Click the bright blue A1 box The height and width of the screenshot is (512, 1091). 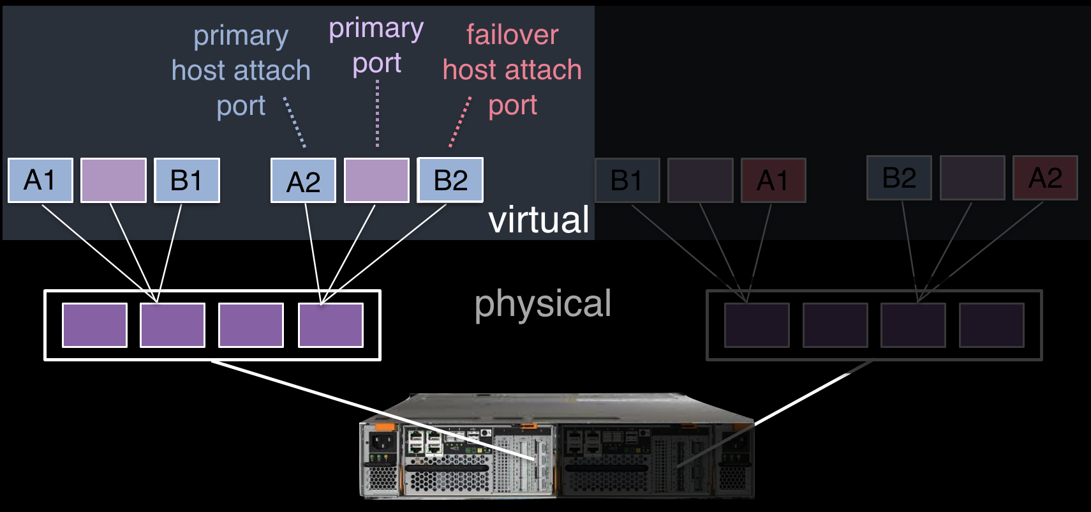coord(40,181)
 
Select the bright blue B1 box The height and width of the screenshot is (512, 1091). coord(187,181)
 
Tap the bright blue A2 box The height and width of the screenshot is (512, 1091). coord(303,181)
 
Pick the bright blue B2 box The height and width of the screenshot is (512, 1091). coord(450,180)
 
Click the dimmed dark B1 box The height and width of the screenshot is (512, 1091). coord(627,181)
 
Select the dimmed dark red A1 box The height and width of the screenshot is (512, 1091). coord(773,181)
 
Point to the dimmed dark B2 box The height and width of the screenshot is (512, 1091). coord(899,178)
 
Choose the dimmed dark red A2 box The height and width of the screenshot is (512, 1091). coord(1045,178)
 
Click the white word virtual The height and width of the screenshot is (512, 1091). coord(538,220)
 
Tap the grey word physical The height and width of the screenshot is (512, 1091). coord(543,303)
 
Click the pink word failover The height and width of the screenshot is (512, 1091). coord(512,34)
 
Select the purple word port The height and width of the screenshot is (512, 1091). coord(377,63)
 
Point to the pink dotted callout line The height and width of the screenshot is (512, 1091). coord(460,122)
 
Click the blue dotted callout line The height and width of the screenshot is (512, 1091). coord(295,123)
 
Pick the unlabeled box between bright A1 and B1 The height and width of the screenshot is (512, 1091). coord(114,181)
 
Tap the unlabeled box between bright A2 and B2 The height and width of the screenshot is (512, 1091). coord(376,181)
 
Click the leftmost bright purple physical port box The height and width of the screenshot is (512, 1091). coord(94,325)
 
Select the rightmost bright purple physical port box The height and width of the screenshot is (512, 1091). coord(330,325)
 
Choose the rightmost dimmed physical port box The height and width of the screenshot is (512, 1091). coord(991,325)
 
